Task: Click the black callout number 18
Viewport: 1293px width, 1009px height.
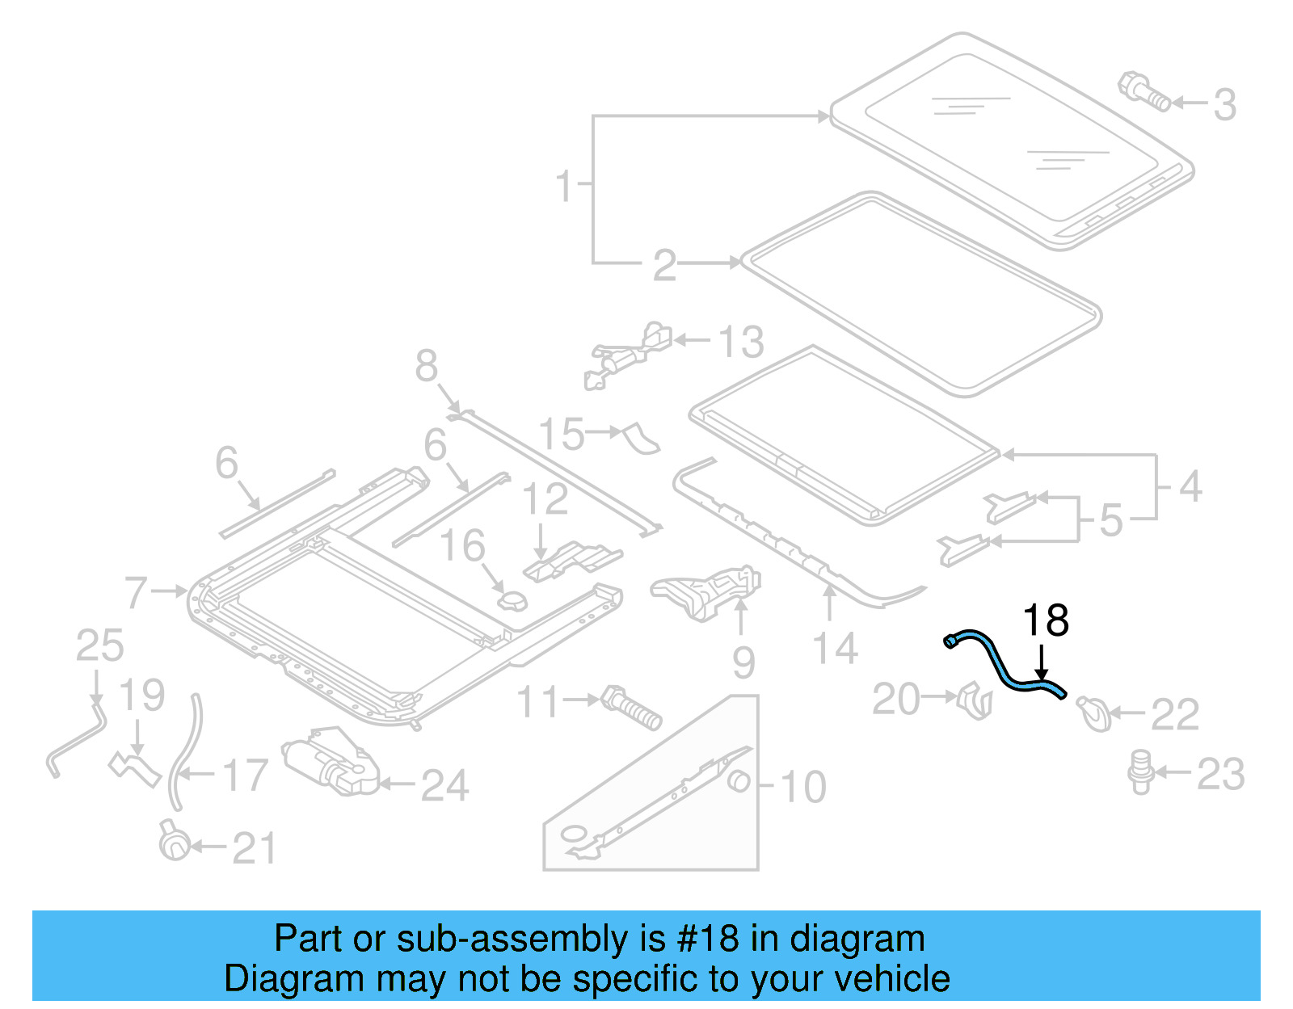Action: (1045, 621)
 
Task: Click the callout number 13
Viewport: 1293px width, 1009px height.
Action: (740, 343)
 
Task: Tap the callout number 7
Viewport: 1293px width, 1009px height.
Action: (136, 592)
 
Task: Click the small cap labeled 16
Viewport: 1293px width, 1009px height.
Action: (512, 601)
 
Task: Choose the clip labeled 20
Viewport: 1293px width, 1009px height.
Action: (975, 700)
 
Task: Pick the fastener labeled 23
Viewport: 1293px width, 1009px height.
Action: (1140, 771)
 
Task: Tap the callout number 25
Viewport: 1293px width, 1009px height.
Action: (99, 646)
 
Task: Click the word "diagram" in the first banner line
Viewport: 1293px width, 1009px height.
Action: (857, 939)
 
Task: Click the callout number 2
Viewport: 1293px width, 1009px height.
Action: (663, 265)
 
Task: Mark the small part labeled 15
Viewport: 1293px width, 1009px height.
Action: (641, 439)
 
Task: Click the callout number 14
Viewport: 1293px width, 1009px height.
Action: (835, 650)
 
